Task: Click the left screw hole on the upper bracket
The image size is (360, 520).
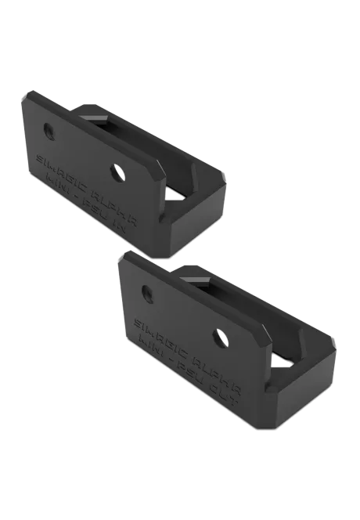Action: pos(49,128)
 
